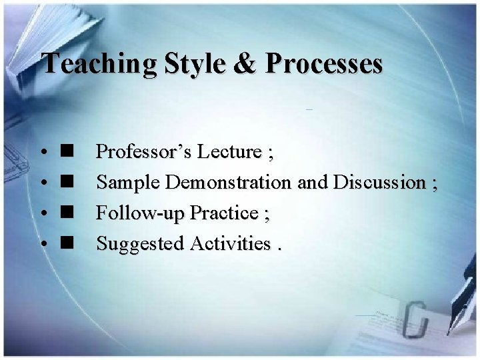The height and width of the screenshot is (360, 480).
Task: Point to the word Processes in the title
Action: [324, 64]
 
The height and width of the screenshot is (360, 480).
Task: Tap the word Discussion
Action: [379, 182]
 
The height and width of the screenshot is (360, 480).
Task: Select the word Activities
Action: [230, 244]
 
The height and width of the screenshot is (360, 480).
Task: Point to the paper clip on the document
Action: [415, 320]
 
